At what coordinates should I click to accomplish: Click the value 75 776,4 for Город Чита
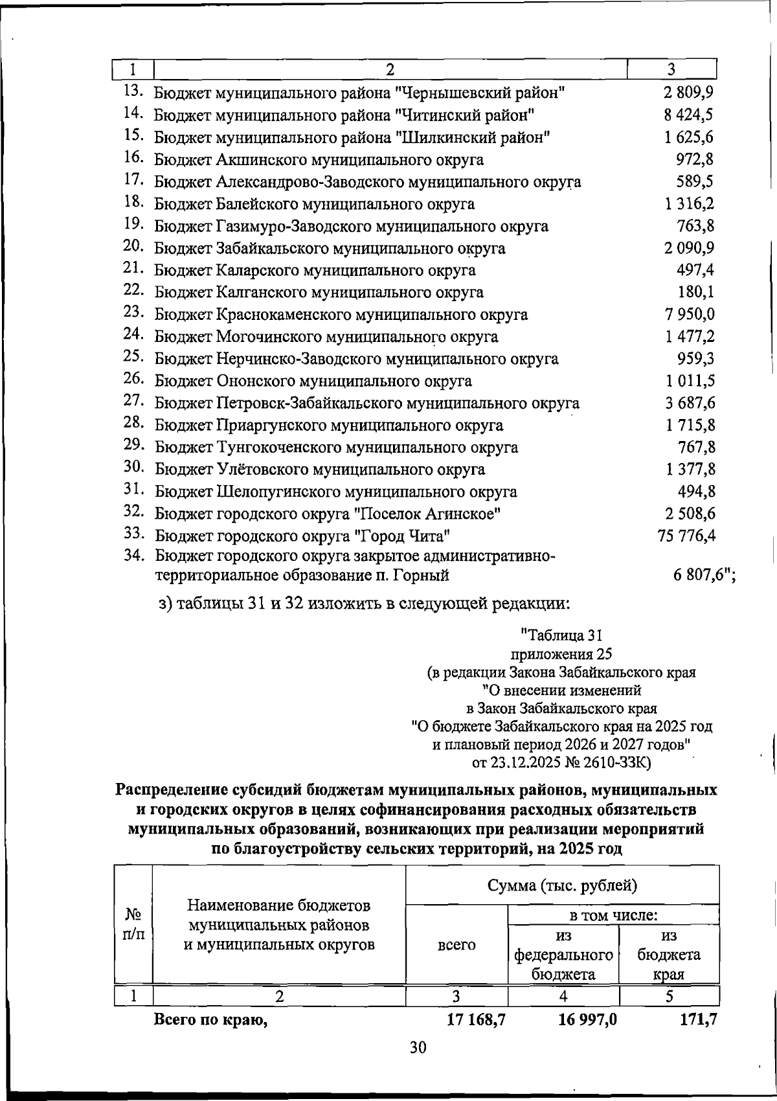tap(686, 536)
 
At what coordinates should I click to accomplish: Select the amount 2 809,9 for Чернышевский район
tap(689, 93)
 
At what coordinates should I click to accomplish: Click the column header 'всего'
tap(456, 944)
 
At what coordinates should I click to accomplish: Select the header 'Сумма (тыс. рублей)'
tap(561, 885)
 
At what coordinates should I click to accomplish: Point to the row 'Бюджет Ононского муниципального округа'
tap(313, 381)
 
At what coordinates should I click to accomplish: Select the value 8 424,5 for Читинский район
tap(689, 115)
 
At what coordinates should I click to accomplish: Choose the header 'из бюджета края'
tap(669, 955)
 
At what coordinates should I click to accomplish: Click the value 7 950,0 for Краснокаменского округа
tap(689, 314)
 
